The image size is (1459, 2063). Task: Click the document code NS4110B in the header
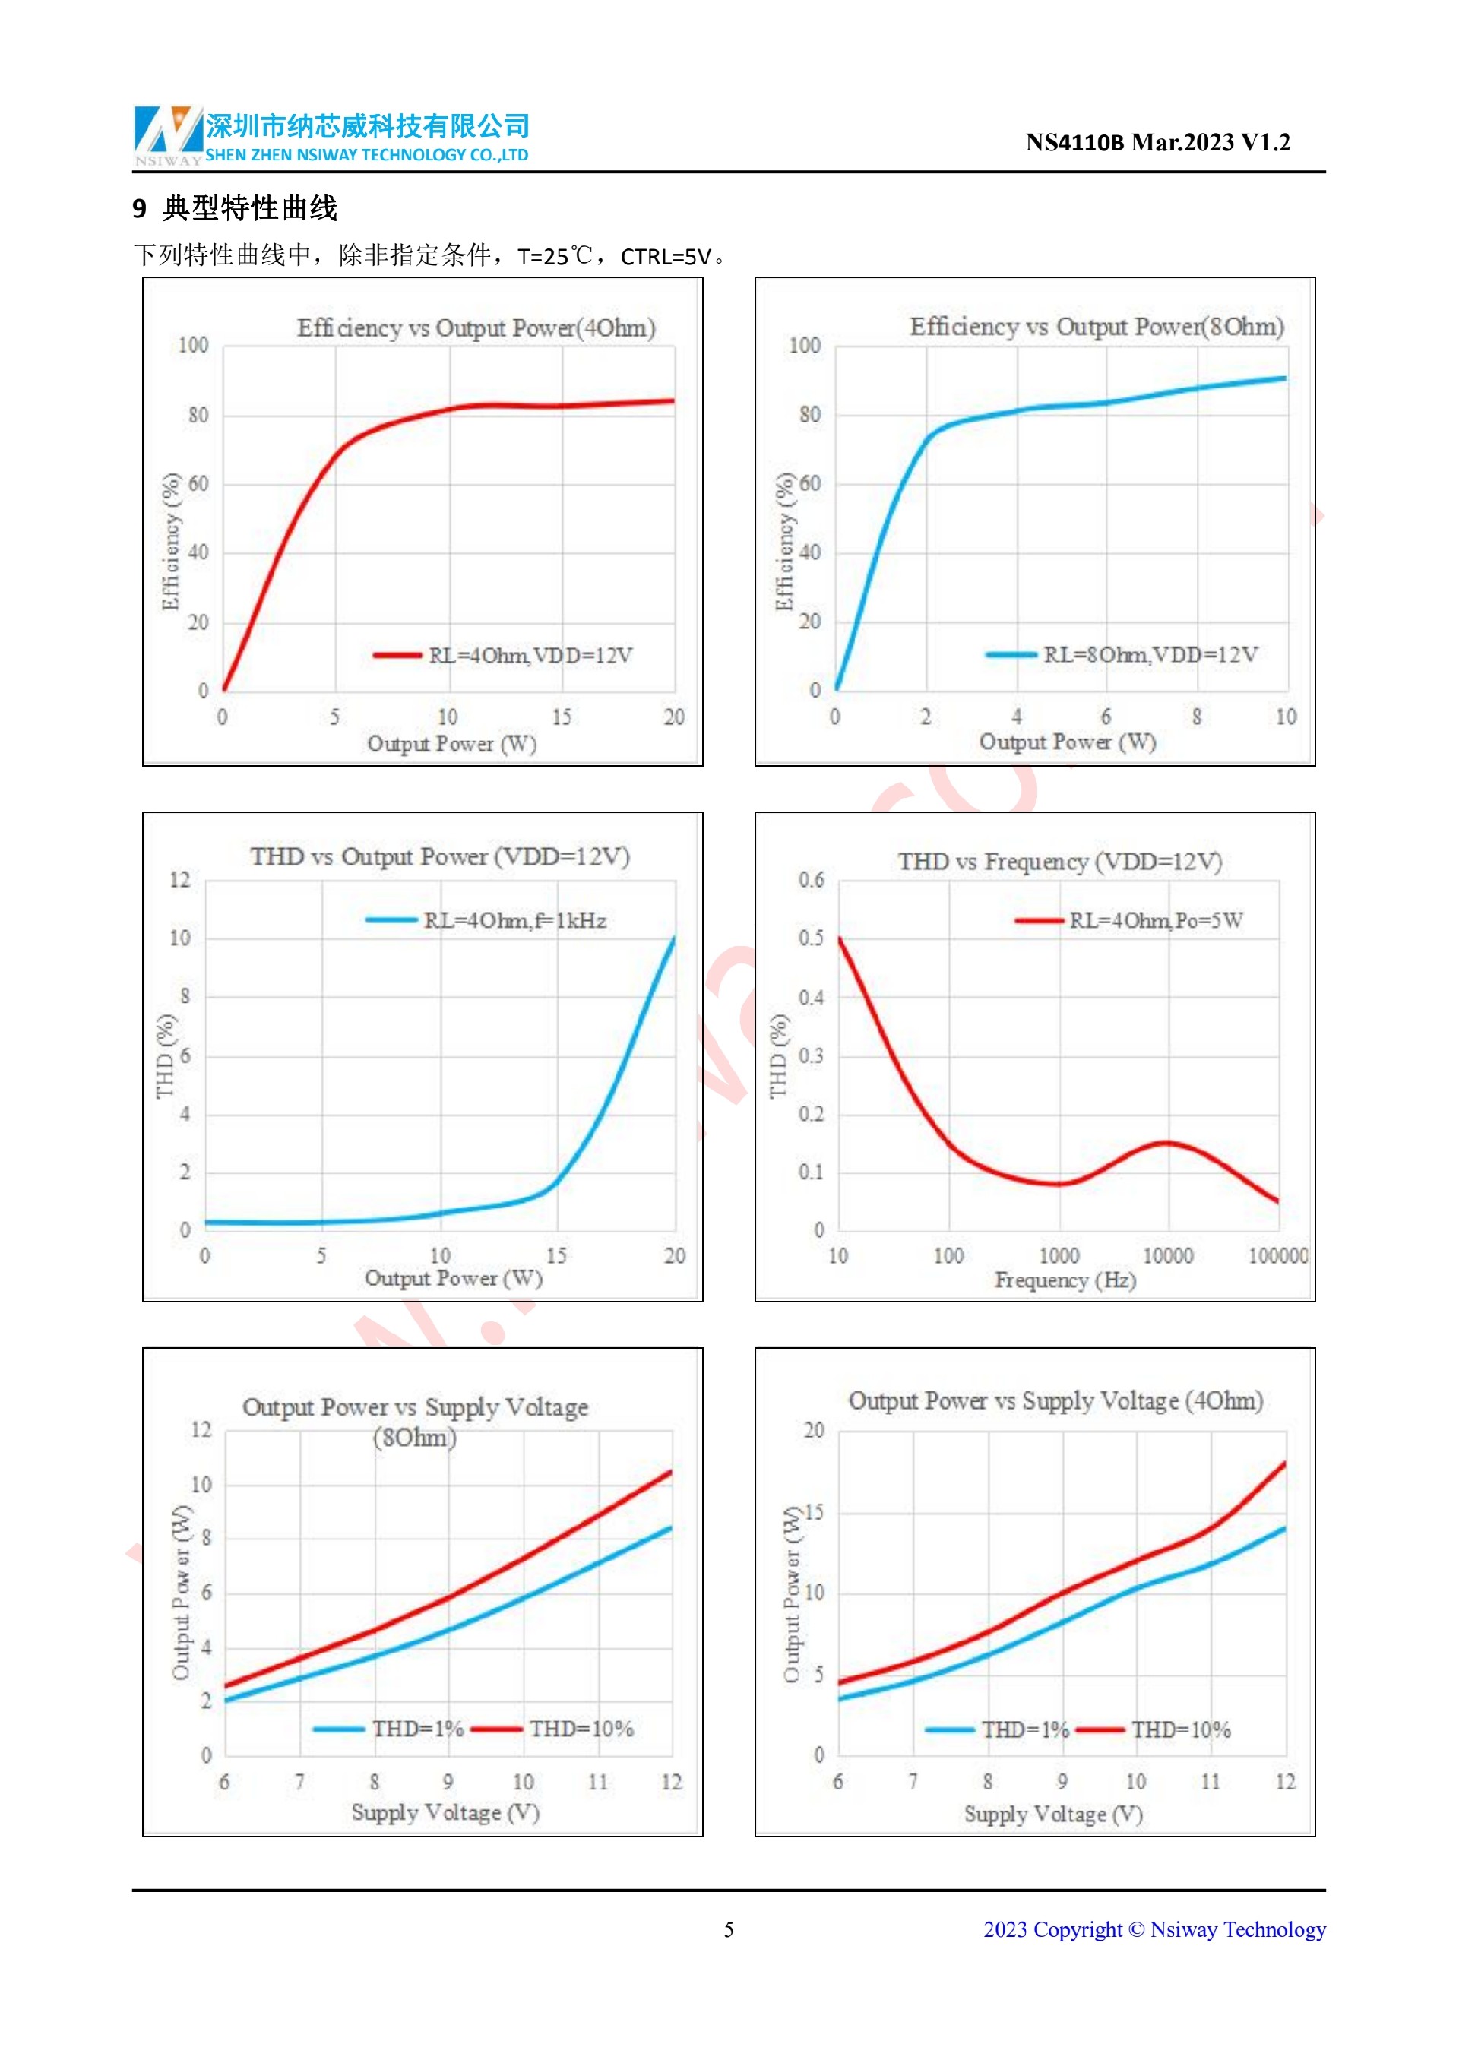click(x=1074, y=143)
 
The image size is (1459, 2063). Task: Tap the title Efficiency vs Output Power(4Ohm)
click(x=476, y=328)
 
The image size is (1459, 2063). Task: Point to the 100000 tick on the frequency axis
click(x=1277, y=1256)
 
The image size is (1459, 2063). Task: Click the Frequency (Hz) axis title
click(x=1065, y=1280)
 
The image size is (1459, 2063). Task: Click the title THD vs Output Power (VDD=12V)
click(x=440, y=856)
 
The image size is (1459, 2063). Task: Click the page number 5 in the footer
click(x=729, y=1930)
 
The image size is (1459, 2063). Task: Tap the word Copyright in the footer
click(x=1078, y=1930)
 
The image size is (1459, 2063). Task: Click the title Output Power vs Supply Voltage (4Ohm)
click(x=1055, y=1401)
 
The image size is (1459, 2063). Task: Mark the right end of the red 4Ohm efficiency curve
click(x=672, y=400)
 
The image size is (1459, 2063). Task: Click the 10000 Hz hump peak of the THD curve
click(x=1166, y=1143)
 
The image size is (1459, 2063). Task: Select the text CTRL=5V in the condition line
click(x=666, y=257)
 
